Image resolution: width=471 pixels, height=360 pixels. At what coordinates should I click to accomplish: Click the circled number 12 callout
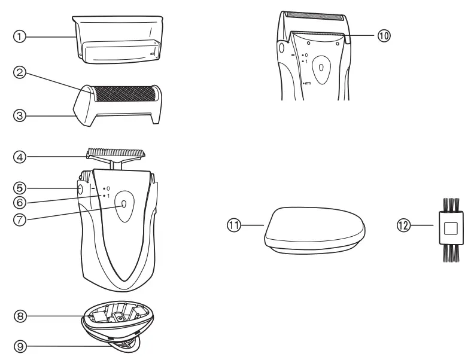tap(403, 225)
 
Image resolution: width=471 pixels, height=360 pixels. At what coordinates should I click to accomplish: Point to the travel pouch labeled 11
tap(315, 228)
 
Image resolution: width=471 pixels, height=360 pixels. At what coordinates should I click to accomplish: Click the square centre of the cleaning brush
tap(451, 227)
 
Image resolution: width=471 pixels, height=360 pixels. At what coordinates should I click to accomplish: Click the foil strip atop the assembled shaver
tap(313, 14)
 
